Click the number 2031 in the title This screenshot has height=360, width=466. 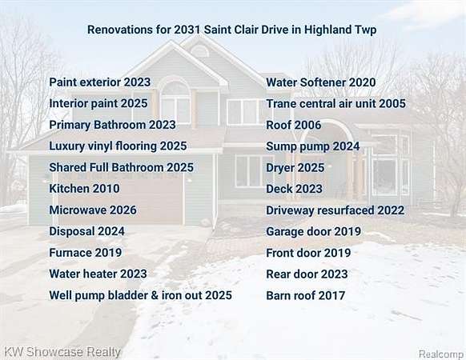coord(187,30)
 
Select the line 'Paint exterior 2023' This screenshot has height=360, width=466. coord(100,82)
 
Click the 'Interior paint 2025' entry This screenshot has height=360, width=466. coord(98,104)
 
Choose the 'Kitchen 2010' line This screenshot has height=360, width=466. coord(84,189)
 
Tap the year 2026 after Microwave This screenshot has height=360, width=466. coord(123,210)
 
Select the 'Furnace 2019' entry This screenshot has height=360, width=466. coord(86,253)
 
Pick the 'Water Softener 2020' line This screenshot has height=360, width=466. coord(321,82)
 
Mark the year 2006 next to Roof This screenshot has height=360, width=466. coord(307,125)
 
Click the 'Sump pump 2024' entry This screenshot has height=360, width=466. coord(313,146)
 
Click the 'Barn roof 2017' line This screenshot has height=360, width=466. coord(306,295)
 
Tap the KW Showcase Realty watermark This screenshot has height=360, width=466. coord(62,352)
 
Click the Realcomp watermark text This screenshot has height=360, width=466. coord(441,354)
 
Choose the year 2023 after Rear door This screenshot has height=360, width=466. coord(335,274)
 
